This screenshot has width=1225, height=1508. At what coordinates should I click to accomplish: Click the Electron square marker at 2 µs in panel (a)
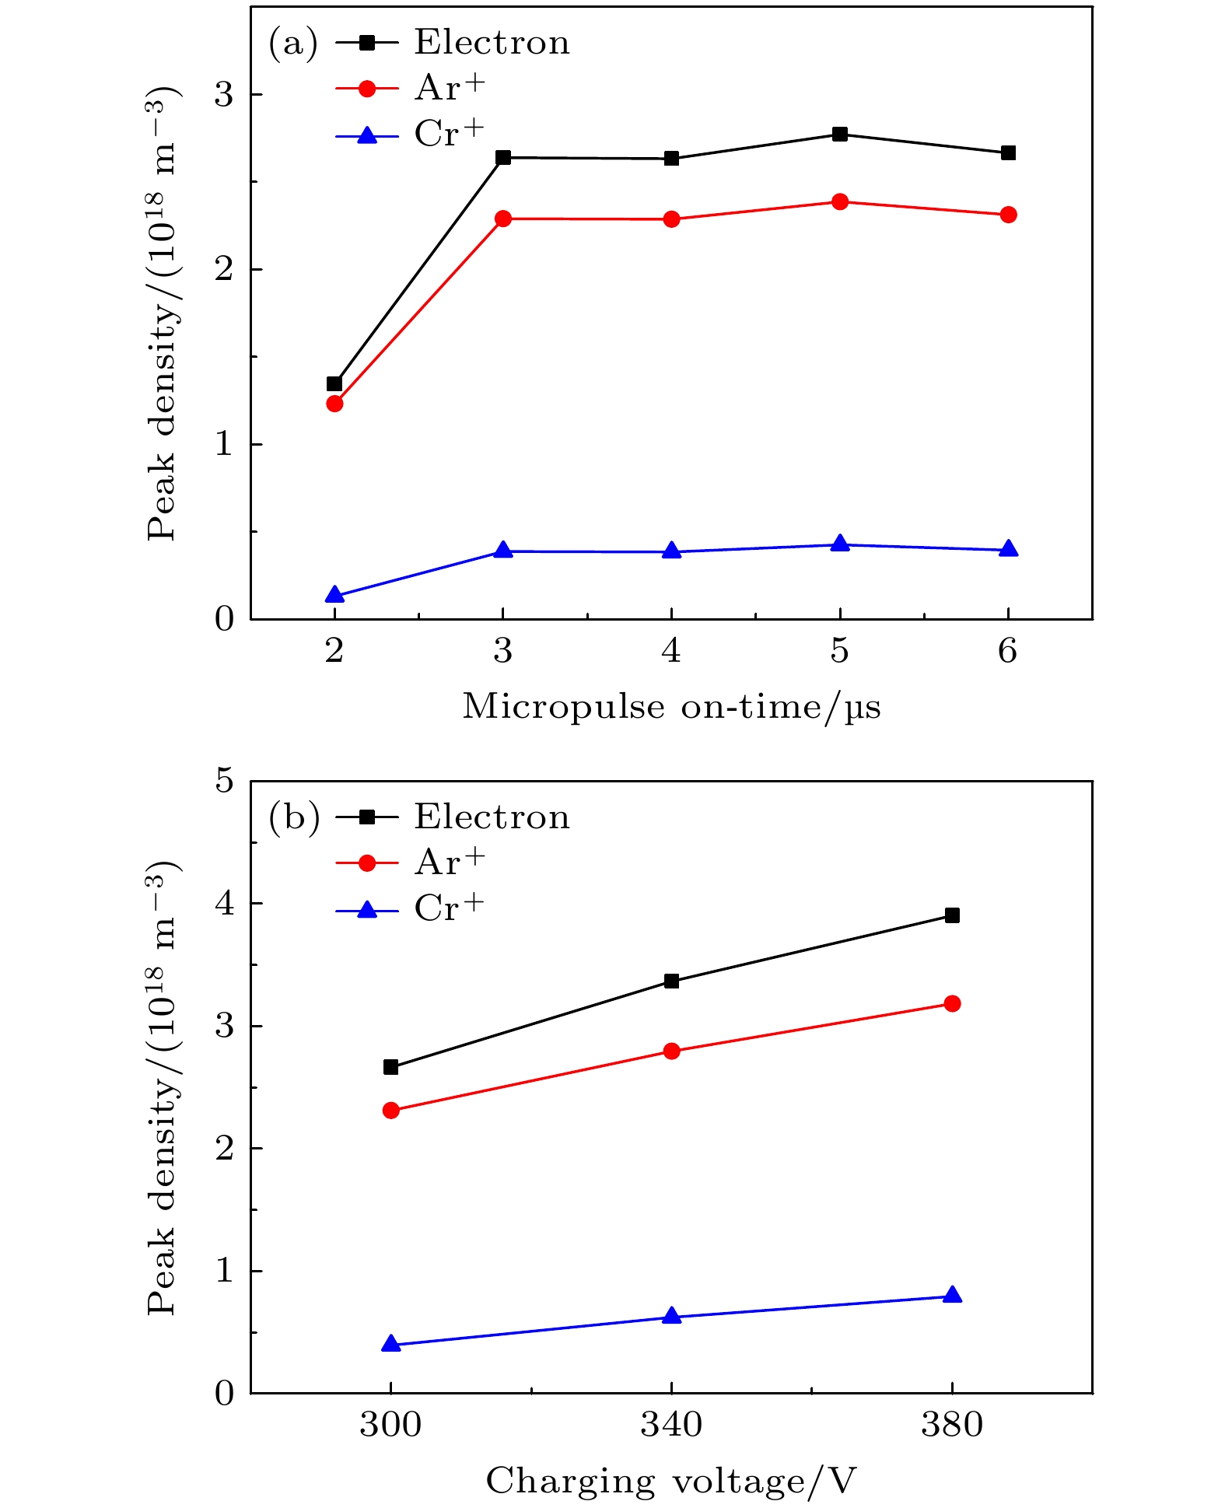pos(334,383)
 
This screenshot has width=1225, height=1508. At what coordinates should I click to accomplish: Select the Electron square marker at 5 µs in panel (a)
pos(840,134)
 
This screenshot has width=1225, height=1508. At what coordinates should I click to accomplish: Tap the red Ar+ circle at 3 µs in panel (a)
pos(503,219)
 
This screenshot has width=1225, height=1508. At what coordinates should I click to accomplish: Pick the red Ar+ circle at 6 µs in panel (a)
pos(1008,215)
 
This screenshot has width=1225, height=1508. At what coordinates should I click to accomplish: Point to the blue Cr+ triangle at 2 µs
pos(334,596)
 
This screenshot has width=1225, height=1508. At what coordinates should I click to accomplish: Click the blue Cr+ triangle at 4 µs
pos(671,551)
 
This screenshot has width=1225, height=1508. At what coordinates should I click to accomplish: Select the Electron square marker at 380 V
pos(952,915)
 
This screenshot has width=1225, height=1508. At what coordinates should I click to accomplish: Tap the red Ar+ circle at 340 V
pos(671,1051)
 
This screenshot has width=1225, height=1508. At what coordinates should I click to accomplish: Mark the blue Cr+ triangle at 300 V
pos(391,1344)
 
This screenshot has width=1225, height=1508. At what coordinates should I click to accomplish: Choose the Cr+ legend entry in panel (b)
pos(450,908)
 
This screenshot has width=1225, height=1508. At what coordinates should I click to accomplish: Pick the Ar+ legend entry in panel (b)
pos(450,862)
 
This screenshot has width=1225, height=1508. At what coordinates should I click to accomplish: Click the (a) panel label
pos(293,44)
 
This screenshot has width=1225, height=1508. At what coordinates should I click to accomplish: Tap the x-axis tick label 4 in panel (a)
pos(671,650)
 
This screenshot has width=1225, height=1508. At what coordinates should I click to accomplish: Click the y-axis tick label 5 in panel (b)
pos(225,781)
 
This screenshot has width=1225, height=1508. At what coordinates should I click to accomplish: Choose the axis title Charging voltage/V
pos(671,1481)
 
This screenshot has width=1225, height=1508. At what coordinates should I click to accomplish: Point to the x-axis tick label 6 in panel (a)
pos(1008,650)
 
